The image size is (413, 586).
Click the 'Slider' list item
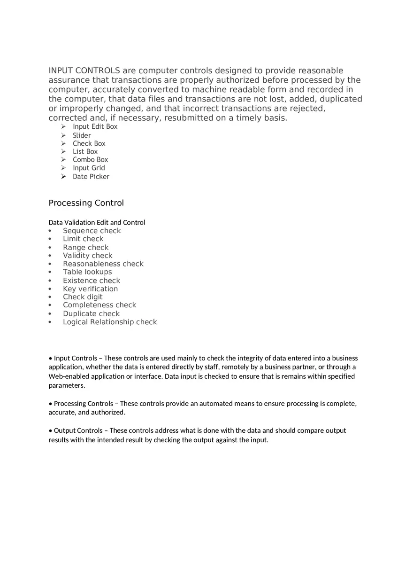click(x=82, y=135)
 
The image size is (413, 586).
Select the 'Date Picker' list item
click(x=91, y=177)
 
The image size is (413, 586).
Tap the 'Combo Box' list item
click(x=90, y=160)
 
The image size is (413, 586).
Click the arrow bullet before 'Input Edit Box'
click(x=63, y=127)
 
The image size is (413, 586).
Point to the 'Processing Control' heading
click(x=86, y=203)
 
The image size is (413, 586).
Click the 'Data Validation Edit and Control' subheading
click(x=97, y=222)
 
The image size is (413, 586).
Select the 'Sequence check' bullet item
click(x=92, y=231)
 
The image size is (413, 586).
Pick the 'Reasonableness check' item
click(x=103, y=264)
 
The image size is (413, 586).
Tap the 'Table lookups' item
click(x=87, y=272)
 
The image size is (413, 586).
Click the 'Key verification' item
click(x=90, y=289)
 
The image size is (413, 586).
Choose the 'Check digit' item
click(x=83, y=297)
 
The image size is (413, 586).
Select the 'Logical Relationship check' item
click(x=110, y=322)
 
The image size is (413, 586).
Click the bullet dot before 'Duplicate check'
click(x=50, y=313)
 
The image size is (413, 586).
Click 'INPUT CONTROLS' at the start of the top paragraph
click(x=84, y=71)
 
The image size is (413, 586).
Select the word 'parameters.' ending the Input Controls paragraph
click(x=67, y=385)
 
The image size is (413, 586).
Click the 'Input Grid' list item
click(x=89, y=168)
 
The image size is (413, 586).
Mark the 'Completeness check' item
click(x=99, y=305)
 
